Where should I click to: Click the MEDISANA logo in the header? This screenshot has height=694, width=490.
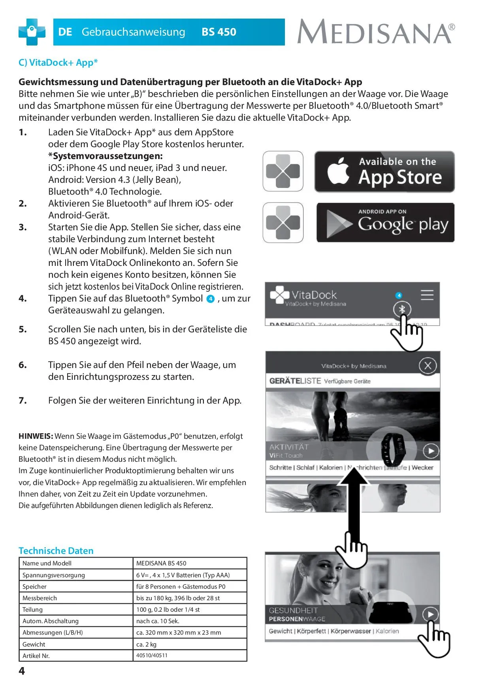376,32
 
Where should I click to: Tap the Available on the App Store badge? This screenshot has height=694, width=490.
384,172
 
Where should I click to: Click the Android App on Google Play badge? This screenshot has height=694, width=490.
385,222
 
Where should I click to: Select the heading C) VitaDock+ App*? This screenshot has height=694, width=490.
58,63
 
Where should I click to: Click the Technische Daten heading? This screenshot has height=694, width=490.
56,551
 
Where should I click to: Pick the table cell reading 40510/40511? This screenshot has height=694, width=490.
152,656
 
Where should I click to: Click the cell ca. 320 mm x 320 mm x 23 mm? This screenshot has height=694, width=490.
179,633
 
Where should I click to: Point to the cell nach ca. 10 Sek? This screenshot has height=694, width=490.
158,621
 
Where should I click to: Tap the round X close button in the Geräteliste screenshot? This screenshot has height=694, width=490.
428,366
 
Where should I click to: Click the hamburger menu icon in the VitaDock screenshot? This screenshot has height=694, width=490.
427,295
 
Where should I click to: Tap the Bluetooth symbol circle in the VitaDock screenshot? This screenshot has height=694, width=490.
402,309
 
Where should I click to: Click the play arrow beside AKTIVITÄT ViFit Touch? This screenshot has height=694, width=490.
431,451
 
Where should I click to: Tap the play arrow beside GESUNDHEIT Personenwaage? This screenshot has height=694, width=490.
430,614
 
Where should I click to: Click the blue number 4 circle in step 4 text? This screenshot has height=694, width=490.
211,299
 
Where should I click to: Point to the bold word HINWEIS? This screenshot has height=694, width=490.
36,436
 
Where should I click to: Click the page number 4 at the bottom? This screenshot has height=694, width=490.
22,671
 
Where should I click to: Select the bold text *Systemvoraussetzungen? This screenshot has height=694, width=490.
106,156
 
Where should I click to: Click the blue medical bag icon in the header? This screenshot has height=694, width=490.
32,32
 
